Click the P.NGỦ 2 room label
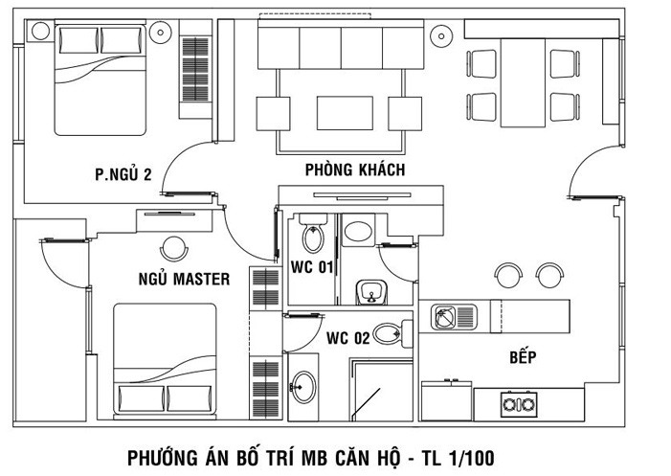123,174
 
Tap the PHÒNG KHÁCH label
355,170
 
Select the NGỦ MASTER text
184,279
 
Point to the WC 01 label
311,267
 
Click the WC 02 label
347,338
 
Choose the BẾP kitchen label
523,356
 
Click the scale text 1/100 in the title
471,458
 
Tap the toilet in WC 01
313,234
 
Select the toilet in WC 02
392,333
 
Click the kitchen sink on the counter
454,317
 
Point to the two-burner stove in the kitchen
519,403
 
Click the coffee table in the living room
345,113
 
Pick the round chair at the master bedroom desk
174,248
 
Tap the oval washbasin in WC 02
303,387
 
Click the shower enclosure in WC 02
381,390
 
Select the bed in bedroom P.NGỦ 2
101,79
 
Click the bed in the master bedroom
165,359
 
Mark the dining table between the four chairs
523,83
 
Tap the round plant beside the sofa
440,36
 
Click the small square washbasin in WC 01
371,292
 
